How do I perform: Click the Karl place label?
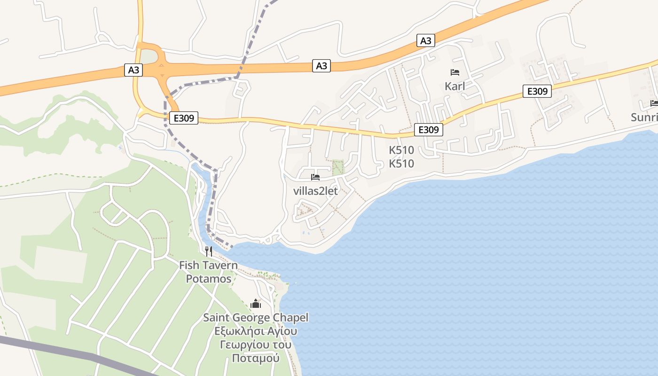454,86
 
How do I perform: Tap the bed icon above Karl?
454,72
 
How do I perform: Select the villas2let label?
315,191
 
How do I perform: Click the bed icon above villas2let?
315,177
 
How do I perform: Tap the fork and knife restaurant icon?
209,251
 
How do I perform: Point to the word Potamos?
209,279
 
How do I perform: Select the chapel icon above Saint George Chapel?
256,304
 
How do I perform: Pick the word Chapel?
290,318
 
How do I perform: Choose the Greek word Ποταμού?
256,358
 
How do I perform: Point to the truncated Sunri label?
644,117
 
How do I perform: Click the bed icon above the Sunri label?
654,103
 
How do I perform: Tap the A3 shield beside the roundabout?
134,70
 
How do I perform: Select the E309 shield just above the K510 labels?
428,130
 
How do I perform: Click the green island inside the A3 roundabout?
149,57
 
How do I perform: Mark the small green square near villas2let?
338,167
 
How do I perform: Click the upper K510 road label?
401,150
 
